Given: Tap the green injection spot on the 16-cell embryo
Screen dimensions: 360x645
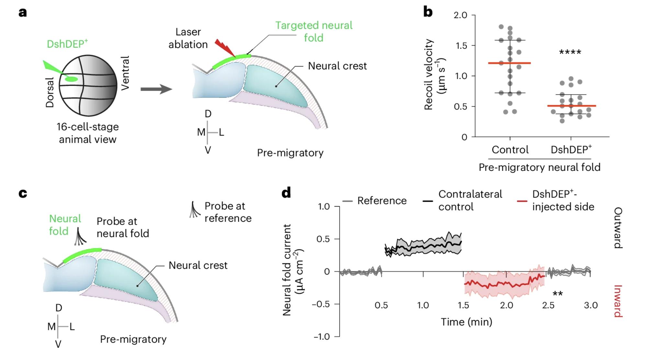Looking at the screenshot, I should [x=71, y=79].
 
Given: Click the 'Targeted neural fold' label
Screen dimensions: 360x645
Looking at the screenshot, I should [x=313, y=31].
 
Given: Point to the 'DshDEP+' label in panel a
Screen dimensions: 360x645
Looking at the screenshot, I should [x=67, y=44].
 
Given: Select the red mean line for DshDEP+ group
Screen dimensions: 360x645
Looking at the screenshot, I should [x=571, y=106].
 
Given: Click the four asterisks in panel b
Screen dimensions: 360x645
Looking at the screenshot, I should [x=570, y=52].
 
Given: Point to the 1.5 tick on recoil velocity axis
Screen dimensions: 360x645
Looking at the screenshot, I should [x=461, y=46].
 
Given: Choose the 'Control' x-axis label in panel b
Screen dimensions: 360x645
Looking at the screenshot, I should [x=510, y=150].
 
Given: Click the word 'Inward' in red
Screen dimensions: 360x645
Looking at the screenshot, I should [x=617, y=301].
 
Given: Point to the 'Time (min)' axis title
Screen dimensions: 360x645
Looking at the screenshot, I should [x=466, y=322].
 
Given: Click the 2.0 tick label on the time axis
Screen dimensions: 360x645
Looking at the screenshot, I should [x=506, y=305].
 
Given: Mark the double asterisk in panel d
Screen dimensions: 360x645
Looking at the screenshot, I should [x=557, y=294].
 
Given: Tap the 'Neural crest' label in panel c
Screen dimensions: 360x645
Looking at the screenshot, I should [x=198, y=265].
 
